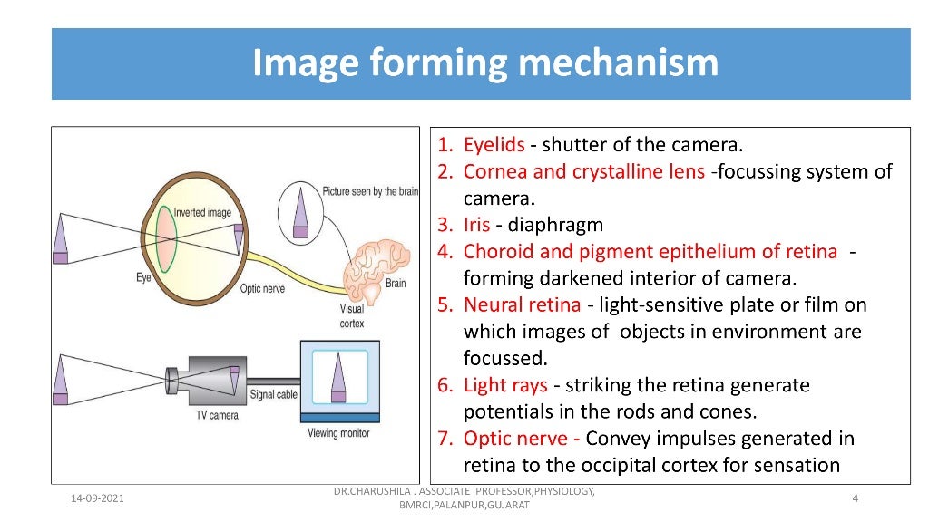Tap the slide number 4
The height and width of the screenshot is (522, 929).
[x=856, y=499]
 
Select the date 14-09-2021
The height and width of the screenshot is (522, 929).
[x=98, y=499]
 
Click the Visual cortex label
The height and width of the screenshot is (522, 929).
[x=351, y=315]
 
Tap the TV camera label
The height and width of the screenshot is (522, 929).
[x=217, y=415]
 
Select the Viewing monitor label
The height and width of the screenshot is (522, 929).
[x=337, y=433]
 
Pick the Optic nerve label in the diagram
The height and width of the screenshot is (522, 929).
[x=263, y=289]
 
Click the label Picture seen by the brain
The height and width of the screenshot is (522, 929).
[x=370, y=192]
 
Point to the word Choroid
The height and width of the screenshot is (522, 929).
[x=494, y=252]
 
